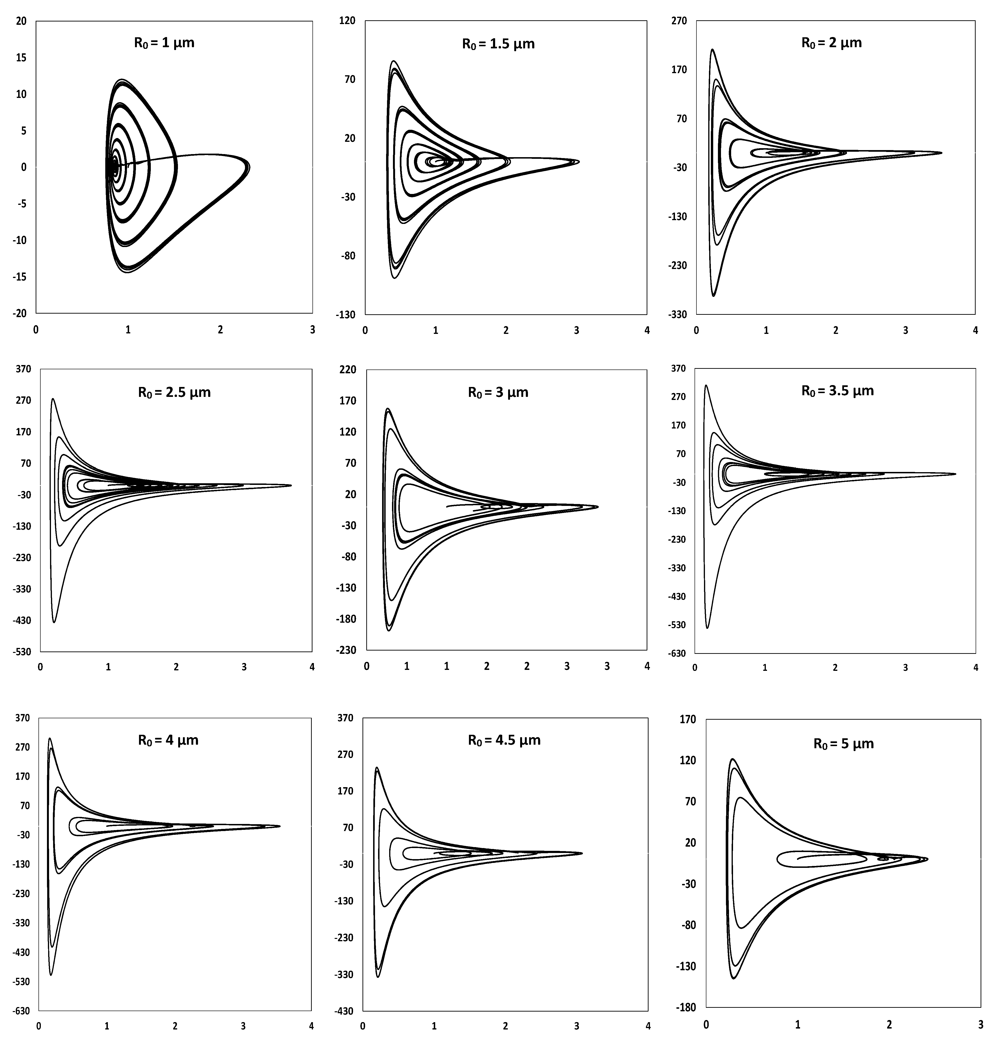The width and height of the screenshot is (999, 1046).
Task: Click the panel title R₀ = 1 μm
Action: point(164,42)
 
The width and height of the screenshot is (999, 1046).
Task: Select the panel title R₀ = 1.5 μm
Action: point(498,44)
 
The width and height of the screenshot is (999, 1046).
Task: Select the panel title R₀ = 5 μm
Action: point(843,744)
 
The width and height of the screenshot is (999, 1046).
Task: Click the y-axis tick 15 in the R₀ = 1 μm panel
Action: point(21,58)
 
